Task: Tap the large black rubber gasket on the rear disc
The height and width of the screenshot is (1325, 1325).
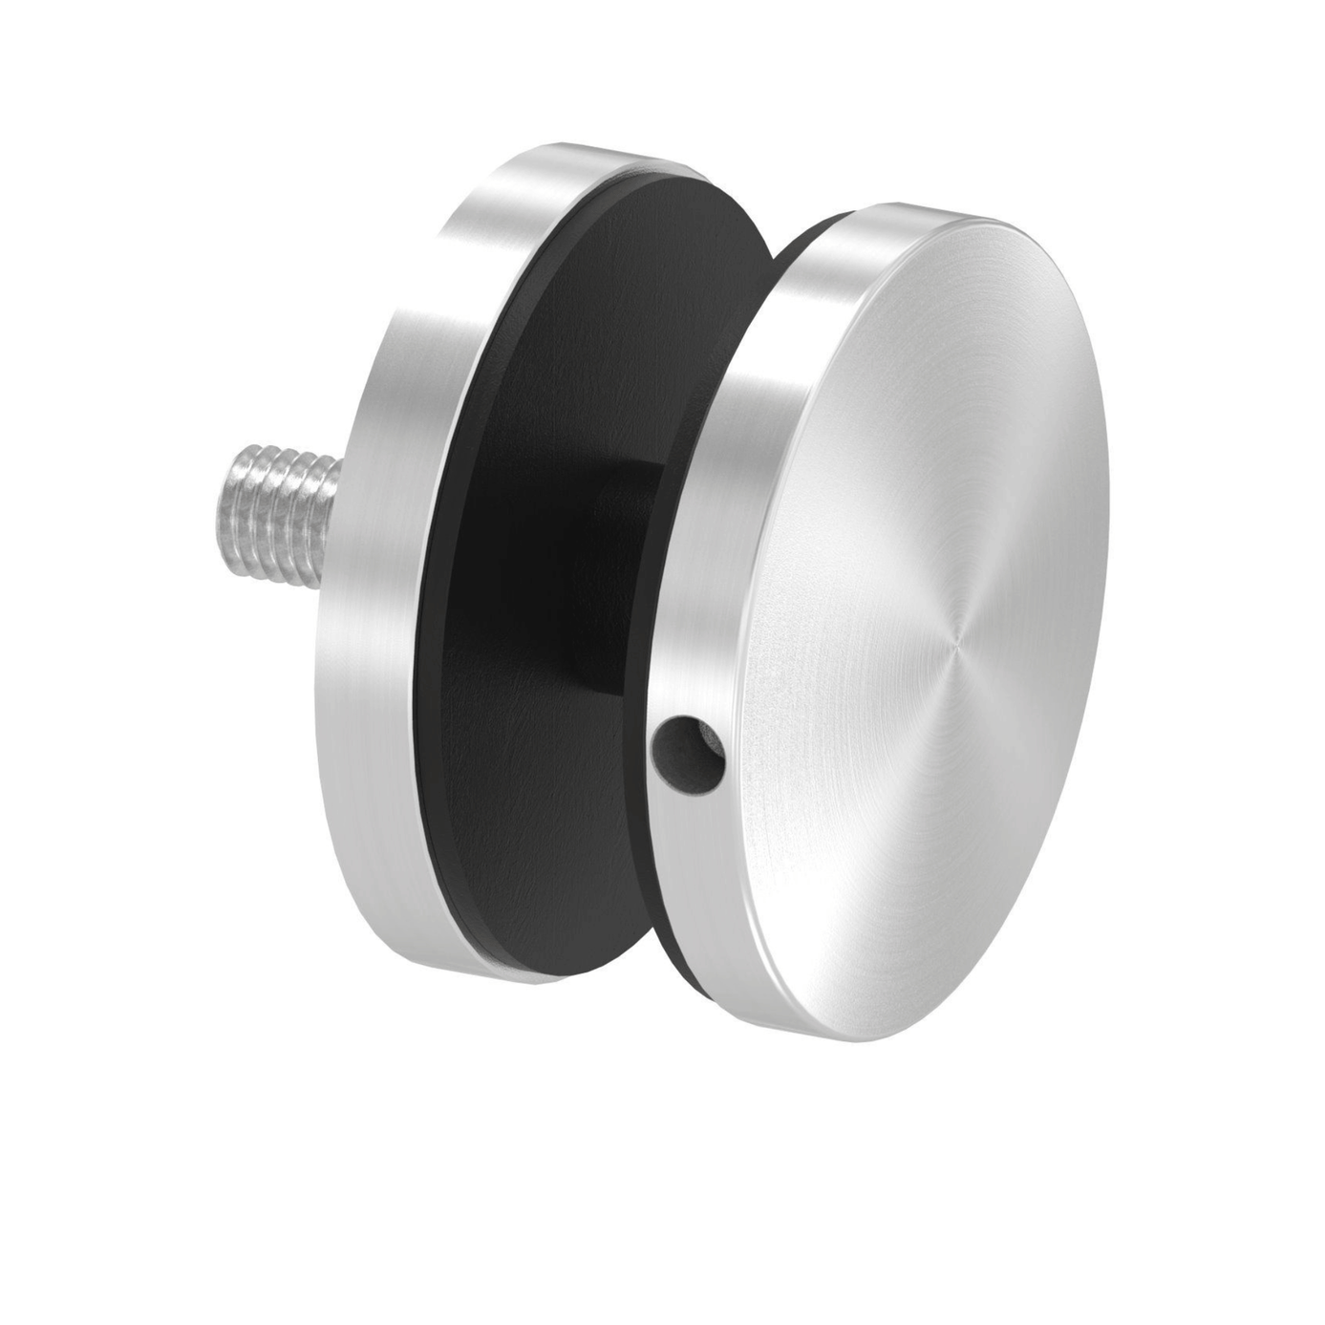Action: (x=535, y=621)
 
